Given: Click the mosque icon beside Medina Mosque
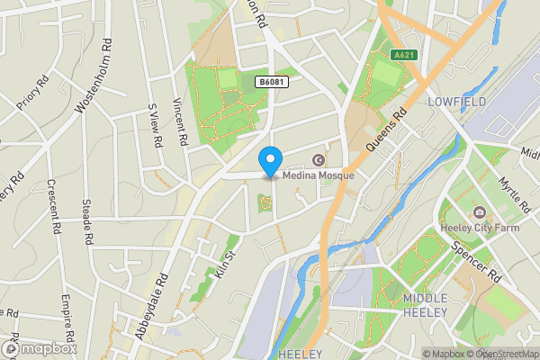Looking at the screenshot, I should click(317, 160).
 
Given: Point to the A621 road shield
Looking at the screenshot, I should click(404, 55).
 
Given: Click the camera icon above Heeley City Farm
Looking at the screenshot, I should click(479, 212).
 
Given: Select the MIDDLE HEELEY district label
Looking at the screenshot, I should click(431, 305).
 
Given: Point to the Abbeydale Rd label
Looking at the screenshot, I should click(150, 305).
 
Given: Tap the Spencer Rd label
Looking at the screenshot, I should click(475, 260).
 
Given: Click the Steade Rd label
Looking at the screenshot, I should click(87, 222).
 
